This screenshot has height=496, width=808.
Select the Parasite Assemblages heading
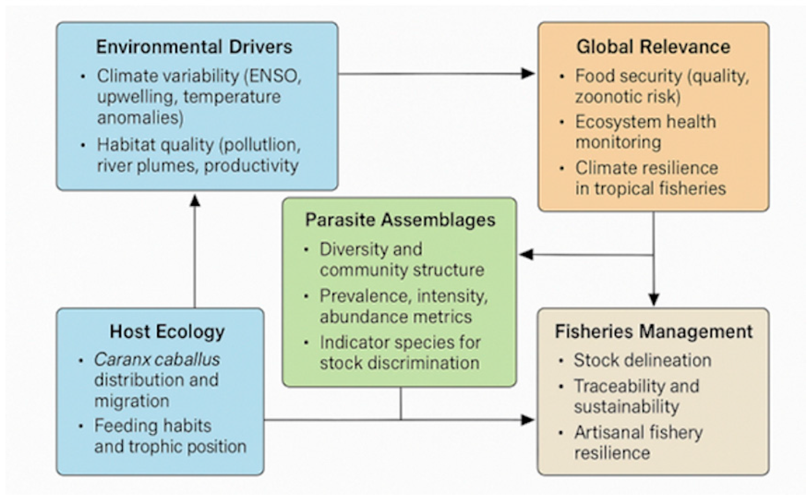pos(400,220)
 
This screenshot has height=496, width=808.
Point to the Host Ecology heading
pos(167,331)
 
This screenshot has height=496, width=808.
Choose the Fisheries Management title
pos(654,331)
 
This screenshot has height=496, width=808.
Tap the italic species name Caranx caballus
pos(157,360)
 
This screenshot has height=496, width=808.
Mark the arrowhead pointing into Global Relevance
pos(528,73)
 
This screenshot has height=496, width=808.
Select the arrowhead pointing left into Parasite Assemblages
pos(526,255)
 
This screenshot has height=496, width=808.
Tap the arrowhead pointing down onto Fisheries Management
pos(654,300)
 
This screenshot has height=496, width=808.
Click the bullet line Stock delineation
pos(642,360)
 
